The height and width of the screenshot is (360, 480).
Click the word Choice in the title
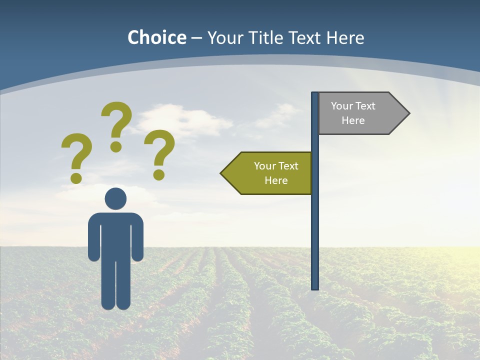pyautogui.click(x=156, y=37)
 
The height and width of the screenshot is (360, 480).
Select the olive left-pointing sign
pyautogui.click(x=270, y=173)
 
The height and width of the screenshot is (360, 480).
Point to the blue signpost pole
pyautogui.click(x=315, y=225)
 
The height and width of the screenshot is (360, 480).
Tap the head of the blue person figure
pyautogui.click(x=115, y=198)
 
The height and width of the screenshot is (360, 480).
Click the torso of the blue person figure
pyautogui.click(x=115, y=235)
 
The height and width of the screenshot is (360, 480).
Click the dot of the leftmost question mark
pyautogui.click(x=76, y=177)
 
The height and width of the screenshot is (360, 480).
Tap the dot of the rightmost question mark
pyautogui.click(x=159, y=174)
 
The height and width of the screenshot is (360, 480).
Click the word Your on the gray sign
pyautogui.click(x=342, y=106)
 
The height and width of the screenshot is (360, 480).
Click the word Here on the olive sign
pyautogui.click(x=276, y=180)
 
